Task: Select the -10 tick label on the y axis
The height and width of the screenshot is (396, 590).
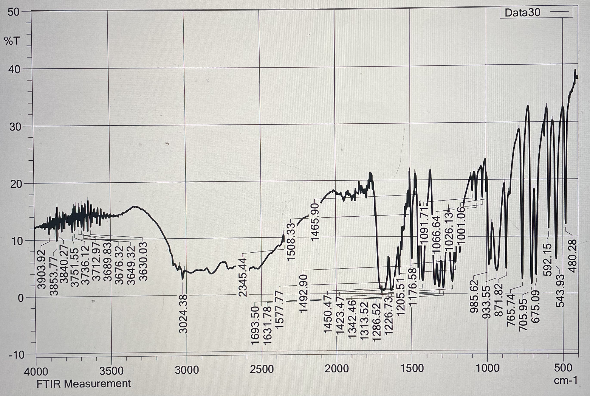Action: [x=16, y=355]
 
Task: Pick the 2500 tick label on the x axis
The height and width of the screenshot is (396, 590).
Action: [x=262, y=370]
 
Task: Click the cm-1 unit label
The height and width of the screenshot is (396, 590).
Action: [x=565, y=380]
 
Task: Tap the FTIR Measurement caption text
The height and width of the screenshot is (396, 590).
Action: [x=84, y=384]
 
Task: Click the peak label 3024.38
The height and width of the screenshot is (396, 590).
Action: [x=184, y=314]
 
